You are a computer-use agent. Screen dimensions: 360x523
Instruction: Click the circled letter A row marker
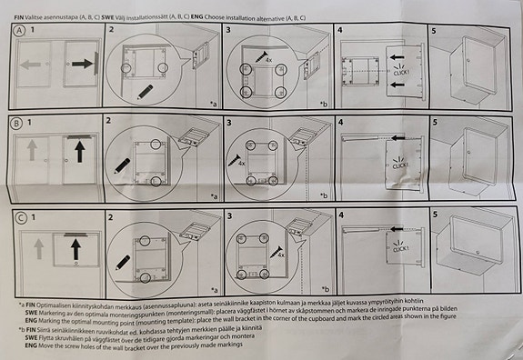[17, 30]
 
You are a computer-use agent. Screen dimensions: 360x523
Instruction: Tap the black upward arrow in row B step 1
[78, 151]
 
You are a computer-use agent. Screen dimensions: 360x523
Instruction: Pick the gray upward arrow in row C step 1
[37, 245]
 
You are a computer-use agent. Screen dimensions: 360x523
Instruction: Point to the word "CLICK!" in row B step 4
[397, 165]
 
